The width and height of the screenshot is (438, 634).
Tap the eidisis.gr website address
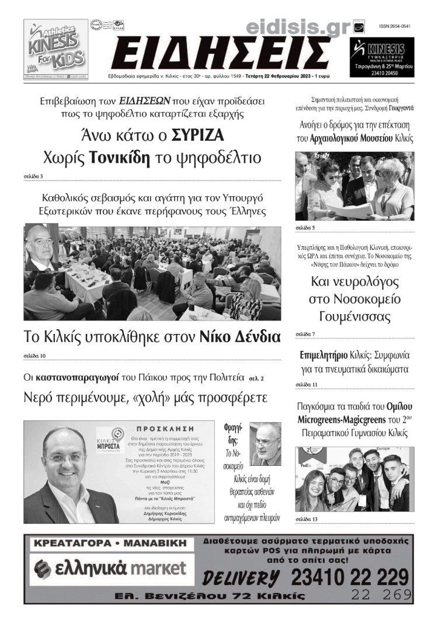(297, 25)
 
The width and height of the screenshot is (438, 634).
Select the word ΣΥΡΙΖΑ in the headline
(198, 135)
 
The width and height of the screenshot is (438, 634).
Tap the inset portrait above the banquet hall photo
(41, 246)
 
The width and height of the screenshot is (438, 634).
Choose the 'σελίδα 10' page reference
(34, 356)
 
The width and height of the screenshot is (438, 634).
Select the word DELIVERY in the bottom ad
(241, 579)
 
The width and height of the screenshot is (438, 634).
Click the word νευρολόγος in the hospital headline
(354, 283)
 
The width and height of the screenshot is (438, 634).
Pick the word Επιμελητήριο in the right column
(324, 355)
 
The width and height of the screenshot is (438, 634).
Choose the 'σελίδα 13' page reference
(307, 518)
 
